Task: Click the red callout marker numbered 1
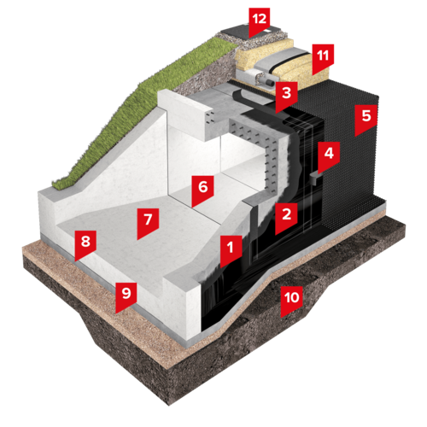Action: pos(231,249)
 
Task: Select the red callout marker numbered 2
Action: pos(286,216)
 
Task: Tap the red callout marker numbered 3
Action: pos(286,96)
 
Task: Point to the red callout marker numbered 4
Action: pos(329,155)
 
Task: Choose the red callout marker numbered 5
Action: pos(366,119)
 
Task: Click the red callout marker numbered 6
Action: pos(202,190)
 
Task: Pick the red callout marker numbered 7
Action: pos(148,222)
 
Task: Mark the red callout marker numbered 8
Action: pos(85,244)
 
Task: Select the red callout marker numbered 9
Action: pos(126,295)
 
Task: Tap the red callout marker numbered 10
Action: pos(291,300)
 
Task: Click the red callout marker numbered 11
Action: pos(323,58)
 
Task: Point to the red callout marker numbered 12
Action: pos(260,21)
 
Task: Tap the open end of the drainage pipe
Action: pos(269,83)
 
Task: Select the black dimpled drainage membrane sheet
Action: pos(353,154)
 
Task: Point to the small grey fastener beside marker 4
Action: pos(315,178)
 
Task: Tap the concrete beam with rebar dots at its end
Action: pos(185,114)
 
